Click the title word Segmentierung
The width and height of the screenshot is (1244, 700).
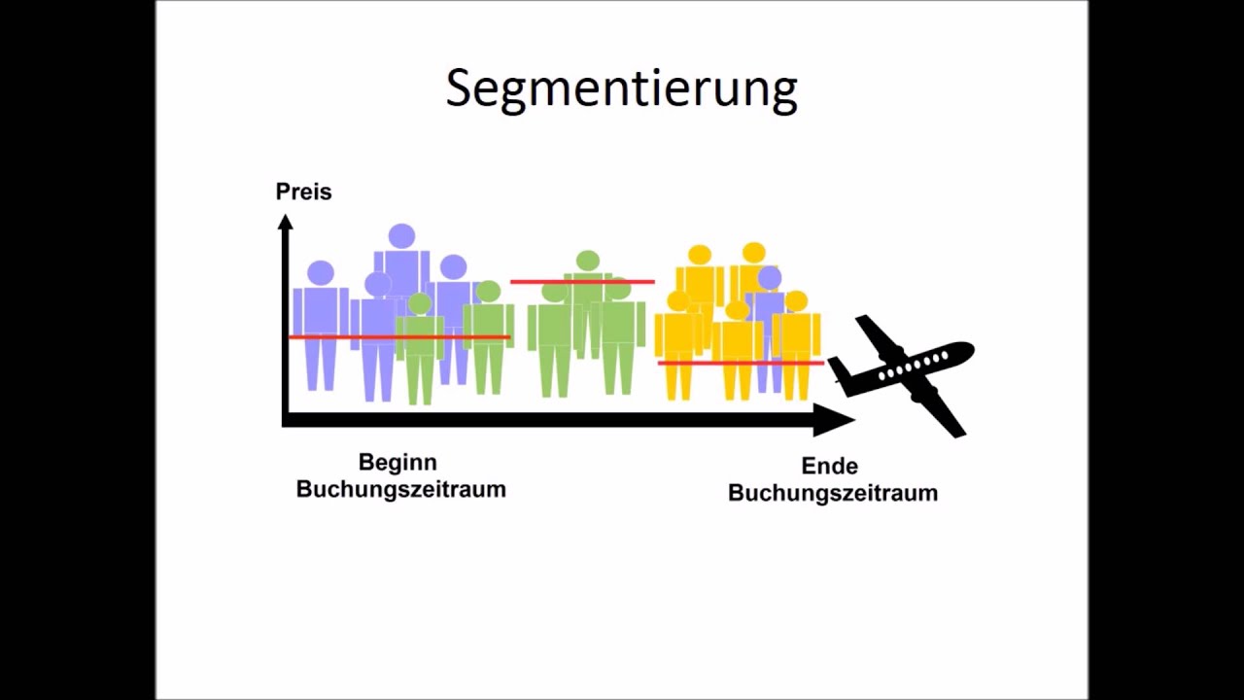pyautogui.click(x=621, y=88)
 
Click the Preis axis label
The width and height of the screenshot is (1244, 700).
pyautogui.click(x=303, y=192)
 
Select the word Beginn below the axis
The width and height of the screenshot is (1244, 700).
pyautogui.click(x=397, y=462)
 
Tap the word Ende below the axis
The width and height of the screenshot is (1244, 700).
pyautogui.click(x=829, y=466)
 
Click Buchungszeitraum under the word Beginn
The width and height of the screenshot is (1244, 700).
pyautogui.click(x=400, y=489)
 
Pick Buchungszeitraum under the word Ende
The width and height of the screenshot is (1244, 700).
pyautogui.click(x=832, y=493)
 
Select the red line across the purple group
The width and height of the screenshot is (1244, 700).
pyautogui.click(x=398, y=337)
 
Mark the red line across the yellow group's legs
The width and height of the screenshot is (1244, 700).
pyautogui.click(x=741, y=363)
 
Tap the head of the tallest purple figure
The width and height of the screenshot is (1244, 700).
pyautogui.click(x=401, y=236)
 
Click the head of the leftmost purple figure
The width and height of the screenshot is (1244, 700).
pyautogui.click(x=320, y=273)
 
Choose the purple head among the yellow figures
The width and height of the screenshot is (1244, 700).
pyautogui.click(x=770, y=279)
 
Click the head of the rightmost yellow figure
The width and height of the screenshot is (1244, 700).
pyautogui.click(x=796, y=301)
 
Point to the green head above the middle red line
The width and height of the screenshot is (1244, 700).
pyautogui.click(x=587, y=261)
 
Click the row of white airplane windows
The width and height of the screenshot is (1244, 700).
pyautogui.click(x=913, y=366)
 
